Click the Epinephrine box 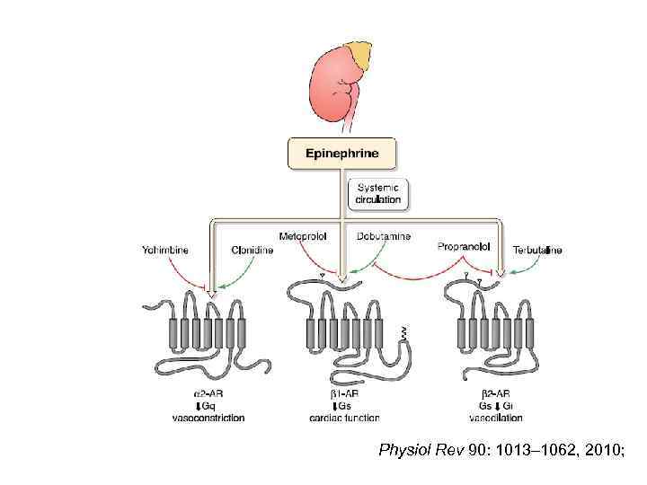pos(341,154)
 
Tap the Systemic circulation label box pos(378,193)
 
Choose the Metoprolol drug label pos(303,236)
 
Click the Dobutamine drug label pos(384,236)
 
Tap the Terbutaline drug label pos(537,250)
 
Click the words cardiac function pos(343,418)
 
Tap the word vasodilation pos(497,418)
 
